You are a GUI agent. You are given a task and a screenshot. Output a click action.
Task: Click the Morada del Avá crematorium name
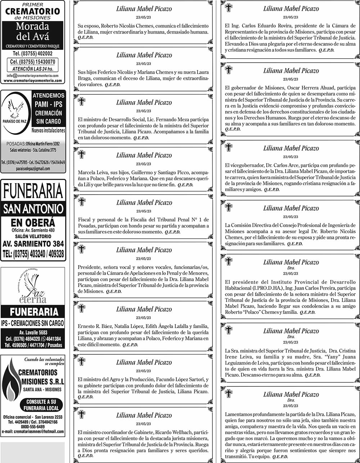(32, 31)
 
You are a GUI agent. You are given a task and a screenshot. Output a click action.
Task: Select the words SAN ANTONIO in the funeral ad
(33, 208)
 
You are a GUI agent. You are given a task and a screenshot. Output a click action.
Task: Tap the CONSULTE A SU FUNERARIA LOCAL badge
(41, 405)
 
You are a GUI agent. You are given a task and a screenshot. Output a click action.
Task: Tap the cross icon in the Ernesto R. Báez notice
(82, 308)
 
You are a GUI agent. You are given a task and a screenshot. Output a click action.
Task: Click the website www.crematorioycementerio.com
(32, 81)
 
